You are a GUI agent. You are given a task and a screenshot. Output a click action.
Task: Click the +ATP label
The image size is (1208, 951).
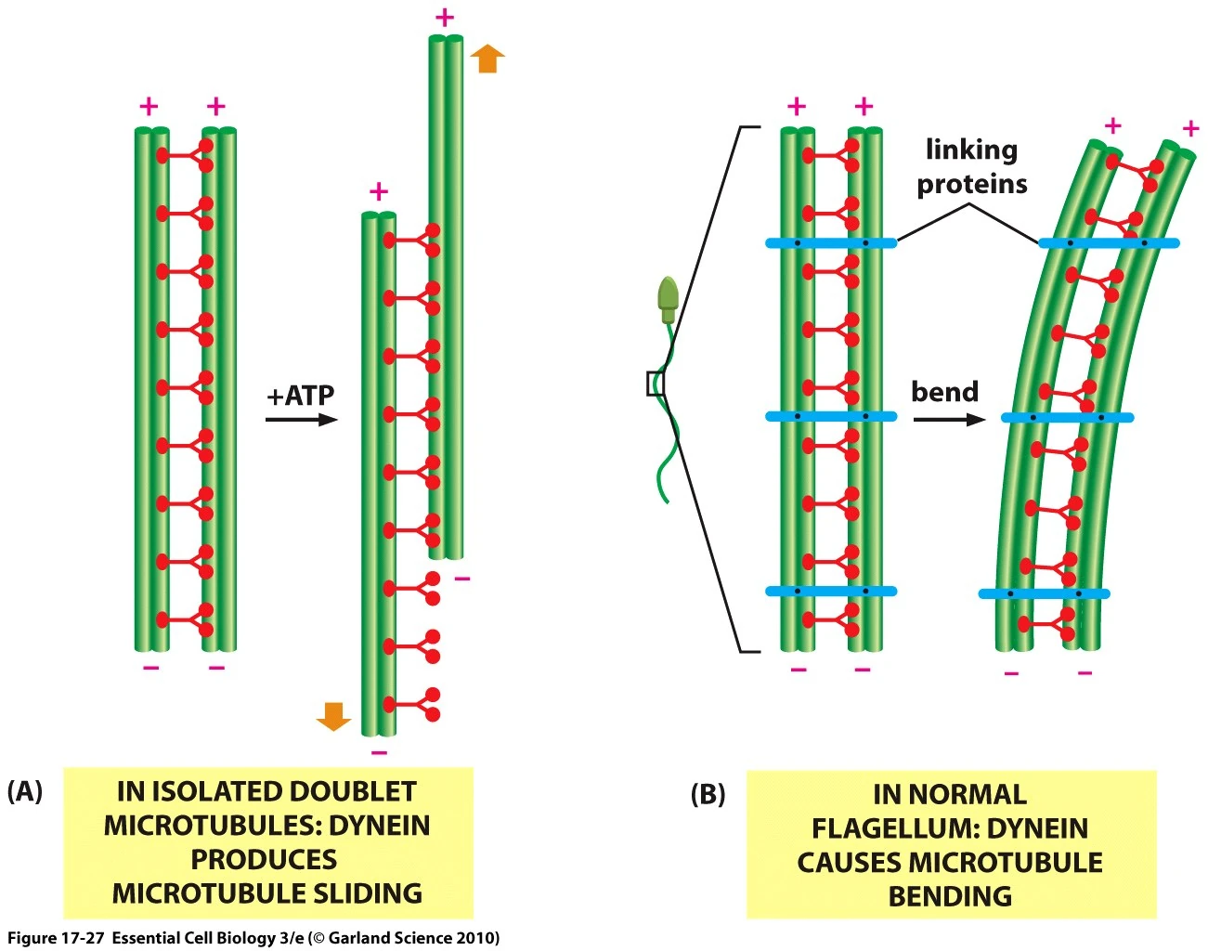(x=300, y=396)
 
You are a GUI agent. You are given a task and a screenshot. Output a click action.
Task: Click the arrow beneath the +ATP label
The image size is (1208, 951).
(x=301, y=420)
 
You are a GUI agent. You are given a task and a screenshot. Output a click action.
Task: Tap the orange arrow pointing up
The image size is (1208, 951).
(x=487, y=59)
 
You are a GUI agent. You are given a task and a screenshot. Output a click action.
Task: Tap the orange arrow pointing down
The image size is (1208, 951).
(x=333, y=716)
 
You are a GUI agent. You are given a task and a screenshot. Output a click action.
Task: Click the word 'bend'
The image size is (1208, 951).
(x=944, y=392)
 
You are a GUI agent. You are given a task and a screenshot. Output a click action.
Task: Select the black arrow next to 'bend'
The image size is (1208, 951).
(x=948, y=420)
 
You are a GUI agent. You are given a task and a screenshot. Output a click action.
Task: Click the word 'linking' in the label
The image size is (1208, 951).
(x=971, y=150)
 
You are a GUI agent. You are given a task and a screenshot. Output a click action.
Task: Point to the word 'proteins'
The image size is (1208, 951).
(x=972, y=184)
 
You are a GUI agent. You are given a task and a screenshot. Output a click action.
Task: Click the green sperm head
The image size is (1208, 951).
(x=668, y=296)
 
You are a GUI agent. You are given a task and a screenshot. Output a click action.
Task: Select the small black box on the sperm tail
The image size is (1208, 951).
(x=656, y=383)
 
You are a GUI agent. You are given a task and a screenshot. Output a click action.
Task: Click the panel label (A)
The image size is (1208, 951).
(x=24, y=791)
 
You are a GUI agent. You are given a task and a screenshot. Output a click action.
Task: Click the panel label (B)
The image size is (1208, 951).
(x=708, y=795)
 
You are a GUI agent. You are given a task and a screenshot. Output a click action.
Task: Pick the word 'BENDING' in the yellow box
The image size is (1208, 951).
(x=950, y=896)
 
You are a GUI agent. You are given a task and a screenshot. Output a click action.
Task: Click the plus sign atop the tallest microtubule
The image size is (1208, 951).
(x=445, y=18)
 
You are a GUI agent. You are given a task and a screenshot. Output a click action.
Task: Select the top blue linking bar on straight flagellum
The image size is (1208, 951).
(x=831, y=243)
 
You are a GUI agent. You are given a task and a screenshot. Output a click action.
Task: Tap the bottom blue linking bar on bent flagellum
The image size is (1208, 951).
(x=1044, y=593)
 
